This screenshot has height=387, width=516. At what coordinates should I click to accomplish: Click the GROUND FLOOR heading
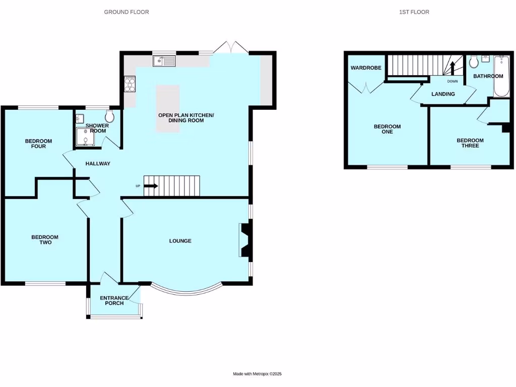coord(126,12)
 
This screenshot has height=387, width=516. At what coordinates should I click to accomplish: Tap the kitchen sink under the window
coord(164,61)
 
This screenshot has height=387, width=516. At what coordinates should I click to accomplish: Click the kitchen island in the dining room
coord(168,108)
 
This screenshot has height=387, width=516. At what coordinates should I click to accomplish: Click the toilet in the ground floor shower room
coord(110,117)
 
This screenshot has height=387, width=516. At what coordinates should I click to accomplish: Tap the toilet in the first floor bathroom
coord(474,62)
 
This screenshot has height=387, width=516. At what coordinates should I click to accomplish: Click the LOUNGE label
coord(180,241)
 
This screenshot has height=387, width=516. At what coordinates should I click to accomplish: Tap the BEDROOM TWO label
coord(45,240)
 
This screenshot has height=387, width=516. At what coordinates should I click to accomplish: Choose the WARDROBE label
coord(366,68)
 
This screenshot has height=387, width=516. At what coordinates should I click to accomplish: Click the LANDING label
coord(443,94)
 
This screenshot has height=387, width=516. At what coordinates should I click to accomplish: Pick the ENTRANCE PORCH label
coord(114,301)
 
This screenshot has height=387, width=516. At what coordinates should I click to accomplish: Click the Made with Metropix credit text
coord(257,374)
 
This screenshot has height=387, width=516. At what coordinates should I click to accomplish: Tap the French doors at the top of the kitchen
coord(230,48)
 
